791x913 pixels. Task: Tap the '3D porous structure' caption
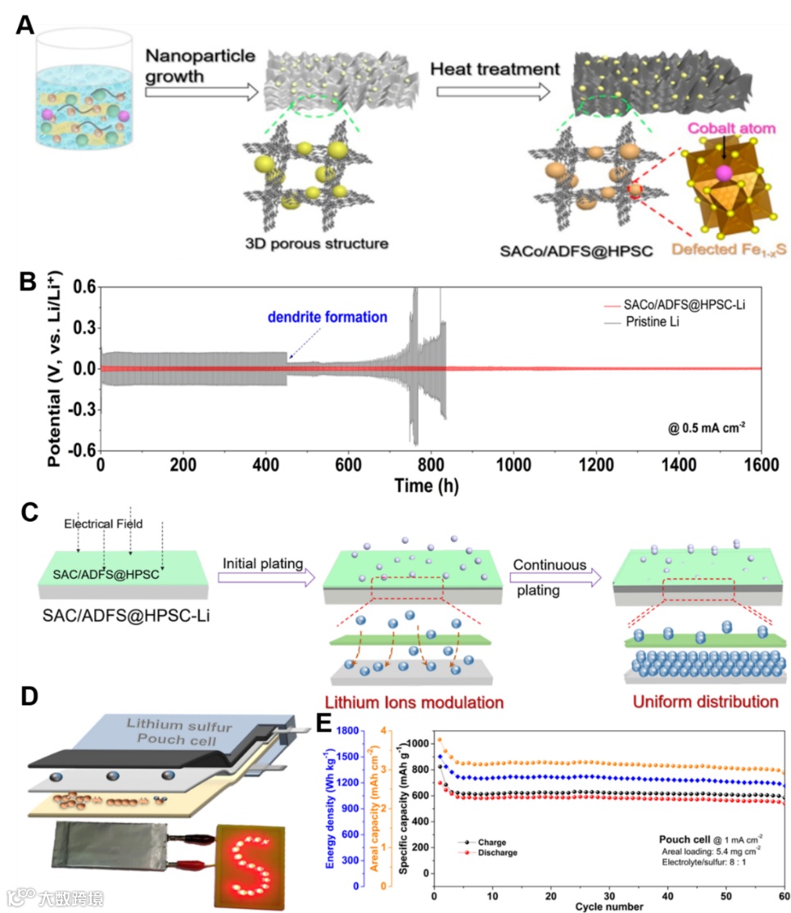pos(316,243)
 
